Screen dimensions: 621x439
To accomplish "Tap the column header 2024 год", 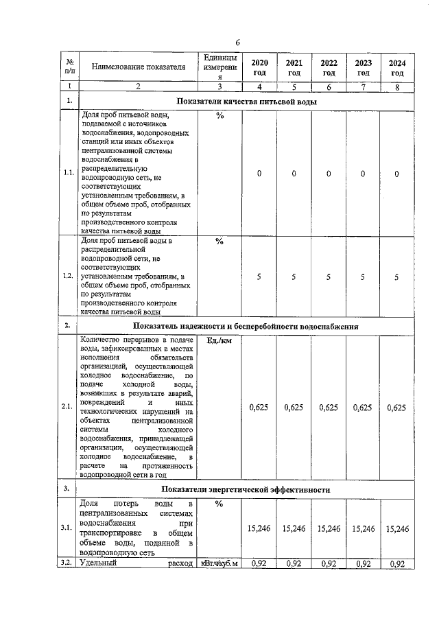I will click(397, 67).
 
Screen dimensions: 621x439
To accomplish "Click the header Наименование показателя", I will click(139, 67).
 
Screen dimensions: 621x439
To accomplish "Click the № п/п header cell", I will click(69, 67).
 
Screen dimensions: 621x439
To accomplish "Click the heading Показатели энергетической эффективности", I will click(246, 489).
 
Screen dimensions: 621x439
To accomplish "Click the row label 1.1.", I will click(68, 174).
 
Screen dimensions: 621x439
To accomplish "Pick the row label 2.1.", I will click(68, 407).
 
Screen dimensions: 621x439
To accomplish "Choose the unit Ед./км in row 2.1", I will click(219, 341).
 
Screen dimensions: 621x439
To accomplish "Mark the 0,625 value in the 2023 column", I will click(363, 407).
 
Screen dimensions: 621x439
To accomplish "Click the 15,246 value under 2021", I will click(294, 528).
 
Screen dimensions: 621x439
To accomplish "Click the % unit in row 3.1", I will click(219, 504).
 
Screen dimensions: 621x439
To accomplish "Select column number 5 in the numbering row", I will click(294, 86).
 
